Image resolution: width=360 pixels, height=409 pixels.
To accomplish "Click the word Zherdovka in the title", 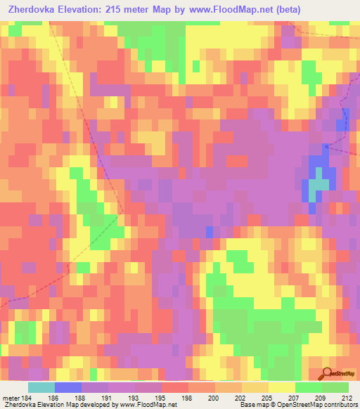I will tap(34, 10).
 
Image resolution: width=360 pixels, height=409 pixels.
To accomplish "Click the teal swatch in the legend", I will tap(41, 388).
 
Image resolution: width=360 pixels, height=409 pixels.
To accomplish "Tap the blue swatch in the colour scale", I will tap(67, 388).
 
